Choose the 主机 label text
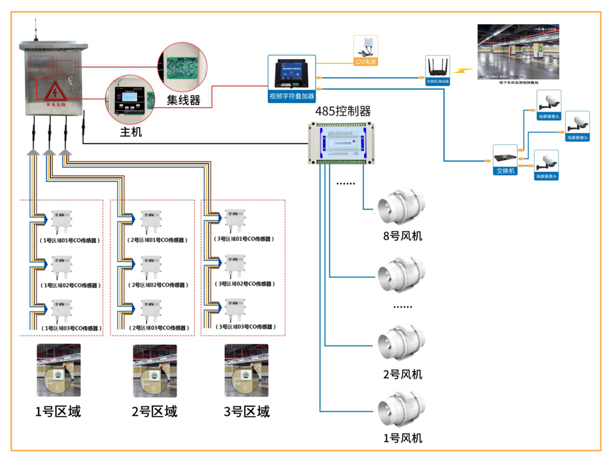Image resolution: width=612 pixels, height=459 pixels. coord(131,132)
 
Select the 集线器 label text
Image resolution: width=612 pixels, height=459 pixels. coord(183,101)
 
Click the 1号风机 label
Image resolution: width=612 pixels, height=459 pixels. coord(402,438)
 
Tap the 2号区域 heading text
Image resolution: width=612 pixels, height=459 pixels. coord(154,412)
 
